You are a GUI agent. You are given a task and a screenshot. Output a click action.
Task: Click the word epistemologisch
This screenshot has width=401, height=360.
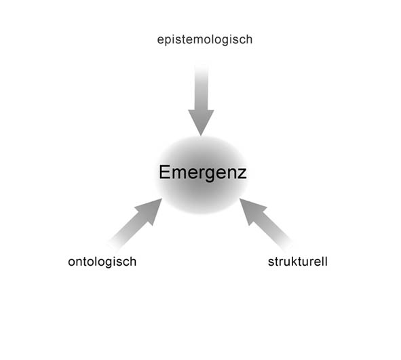(x=205, y=40)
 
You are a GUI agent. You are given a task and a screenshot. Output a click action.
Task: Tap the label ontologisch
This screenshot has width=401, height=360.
(x=102, y=262)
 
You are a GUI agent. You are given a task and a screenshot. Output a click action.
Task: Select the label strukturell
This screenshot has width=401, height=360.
(x=298, y=262)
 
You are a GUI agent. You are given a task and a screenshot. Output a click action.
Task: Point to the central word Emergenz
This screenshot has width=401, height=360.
(x=203, y=173)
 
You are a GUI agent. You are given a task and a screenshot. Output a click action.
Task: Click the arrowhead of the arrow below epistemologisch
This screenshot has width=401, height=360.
(x=201, y=121)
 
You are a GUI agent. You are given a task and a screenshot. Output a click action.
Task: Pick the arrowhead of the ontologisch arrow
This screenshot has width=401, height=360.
(x=150, y=210)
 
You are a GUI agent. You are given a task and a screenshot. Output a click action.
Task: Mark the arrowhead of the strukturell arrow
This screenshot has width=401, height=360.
(x=252, y=210)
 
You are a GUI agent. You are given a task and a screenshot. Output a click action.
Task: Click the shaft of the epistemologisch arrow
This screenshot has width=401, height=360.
(x=202, y=87)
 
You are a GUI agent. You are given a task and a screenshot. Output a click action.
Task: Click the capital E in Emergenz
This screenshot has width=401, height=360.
(x=164, y=172)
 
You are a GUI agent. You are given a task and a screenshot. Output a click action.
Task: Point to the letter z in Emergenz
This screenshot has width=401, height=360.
(x=242, y=174)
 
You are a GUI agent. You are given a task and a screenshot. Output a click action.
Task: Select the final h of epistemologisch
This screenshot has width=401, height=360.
(x=250, y=39)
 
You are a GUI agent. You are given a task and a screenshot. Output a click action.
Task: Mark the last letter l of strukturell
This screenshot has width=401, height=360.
(x=326, y=262)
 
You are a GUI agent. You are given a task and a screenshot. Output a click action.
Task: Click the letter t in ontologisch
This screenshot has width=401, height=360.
(x=84, y=262)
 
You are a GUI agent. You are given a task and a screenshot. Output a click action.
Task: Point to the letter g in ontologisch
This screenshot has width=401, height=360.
(x=113, y=263)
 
